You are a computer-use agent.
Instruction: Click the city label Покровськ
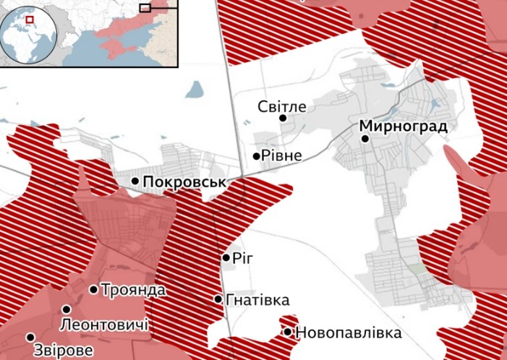point(185,182)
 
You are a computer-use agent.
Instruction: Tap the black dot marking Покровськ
point(135,181)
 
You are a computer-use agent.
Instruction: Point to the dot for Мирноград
point(366,139)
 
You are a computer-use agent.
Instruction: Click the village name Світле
point(282,107)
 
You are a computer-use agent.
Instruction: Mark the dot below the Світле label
point(283,119)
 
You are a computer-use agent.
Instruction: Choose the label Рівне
point(282,155)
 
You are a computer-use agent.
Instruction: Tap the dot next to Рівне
point(256,155)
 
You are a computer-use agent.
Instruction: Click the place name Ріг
point(245,257)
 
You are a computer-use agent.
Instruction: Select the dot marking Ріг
point(226,257)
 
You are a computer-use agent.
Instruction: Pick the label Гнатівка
point(257,299)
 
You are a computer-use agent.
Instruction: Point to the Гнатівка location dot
point(218,299)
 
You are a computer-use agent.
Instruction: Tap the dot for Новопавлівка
point(288,333)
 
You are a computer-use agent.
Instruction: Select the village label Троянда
point(133,290)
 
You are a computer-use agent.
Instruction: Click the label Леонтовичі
point(105,325)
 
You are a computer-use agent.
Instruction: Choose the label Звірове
point(64,351)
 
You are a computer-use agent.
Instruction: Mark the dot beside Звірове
point(30,337)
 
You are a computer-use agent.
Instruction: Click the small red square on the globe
point(30,20)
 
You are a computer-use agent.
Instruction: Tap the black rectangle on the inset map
point(145,7)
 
